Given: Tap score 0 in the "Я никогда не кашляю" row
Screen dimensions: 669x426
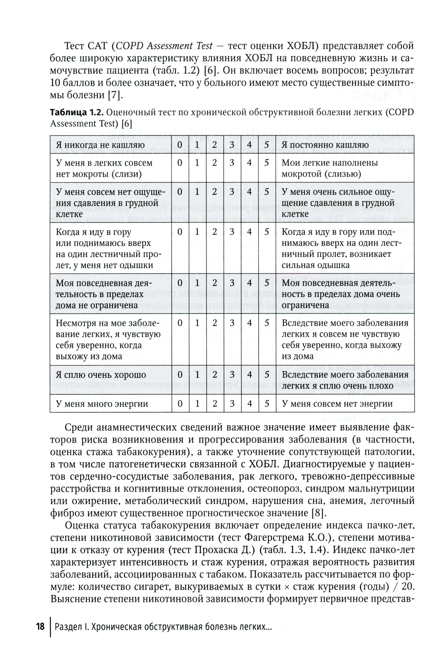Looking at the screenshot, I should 180,145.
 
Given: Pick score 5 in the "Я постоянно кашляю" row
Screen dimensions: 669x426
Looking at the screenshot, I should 267,145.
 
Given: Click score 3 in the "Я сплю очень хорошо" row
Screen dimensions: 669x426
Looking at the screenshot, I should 232,375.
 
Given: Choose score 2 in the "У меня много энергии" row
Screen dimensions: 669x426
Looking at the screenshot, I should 214,403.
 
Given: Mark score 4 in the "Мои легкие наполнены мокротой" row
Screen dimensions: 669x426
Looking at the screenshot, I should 249,163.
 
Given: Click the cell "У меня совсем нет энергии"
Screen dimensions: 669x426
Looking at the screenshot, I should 337,403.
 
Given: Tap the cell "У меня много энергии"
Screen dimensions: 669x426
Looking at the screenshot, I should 102,403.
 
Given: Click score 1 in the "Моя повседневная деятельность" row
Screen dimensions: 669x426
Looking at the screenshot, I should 197,283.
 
